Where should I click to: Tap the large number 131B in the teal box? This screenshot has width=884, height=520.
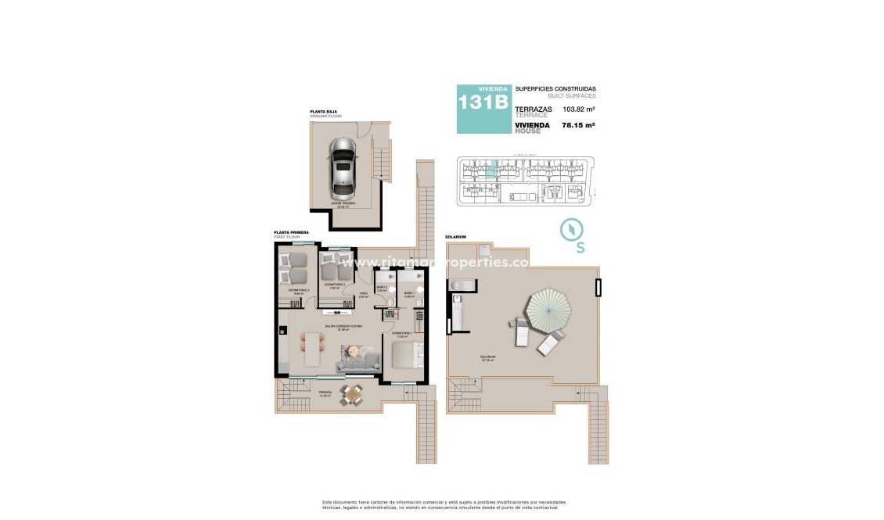(x=483, y=103)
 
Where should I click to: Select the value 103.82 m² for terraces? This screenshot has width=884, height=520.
(x=580, y=109)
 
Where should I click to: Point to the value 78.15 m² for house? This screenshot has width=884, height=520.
(x=580, y=125)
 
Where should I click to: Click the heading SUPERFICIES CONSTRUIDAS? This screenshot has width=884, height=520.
(x=555, y=89)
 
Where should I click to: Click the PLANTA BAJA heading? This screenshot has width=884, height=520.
(x=323, y=112)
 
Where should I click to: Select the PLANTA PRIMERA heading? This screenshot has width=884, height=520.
(x=291, y=231)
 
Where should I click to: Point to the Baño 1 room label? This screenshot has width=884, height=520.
(x=408, y=296)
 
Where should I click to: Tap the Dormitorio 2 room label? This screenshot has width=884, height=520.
(x=335, y=286)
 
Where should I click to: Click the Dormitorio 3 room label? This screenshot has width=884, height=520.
(x=298, y=292)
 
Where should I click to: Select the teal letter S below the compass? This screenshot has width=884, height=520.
(x=580, y=249)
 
